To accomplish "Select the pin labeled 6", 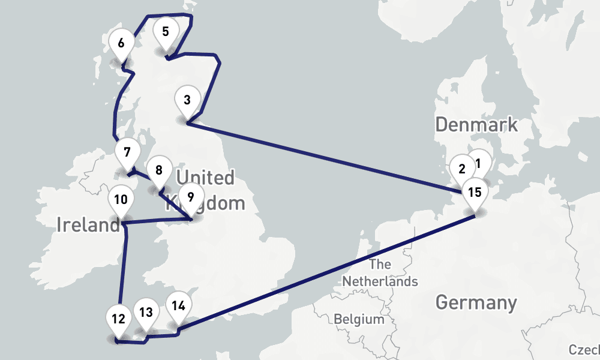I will coord(122,43).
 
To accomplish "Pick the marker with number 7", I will coord(127,152).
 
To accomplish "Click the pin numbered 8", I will coord(158,170).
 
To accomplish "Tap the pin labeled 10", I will coord(121,200).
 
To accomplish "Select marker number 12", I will coord(118,319).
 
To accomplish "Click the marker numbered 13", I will coord(146,313).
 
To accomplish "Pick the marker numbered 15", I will coord(475,193).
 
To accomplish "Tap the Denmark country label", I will coord(476,125).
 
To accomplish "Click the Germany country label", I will coord(476,302).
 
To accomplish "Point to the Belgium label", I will coord(359,319).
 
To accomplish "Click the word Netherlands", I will coord(380,281).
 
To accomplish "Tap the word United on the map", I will coord(205,178).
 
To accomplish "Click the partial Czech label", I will coord(584,350).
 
